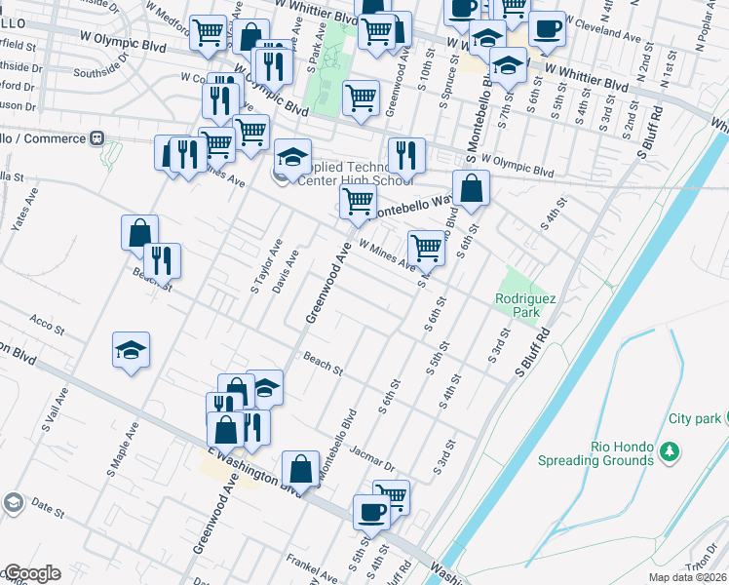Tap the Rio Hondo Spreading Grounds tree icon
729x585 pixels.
pos(669,451)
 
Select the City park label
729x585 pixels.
pos(694,418)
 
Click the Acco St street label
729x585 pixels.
pos(46,321)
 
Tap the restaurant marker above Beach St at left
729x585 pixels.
pos(162,258)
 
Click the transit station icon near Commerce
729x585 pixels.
pos(97,137)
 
